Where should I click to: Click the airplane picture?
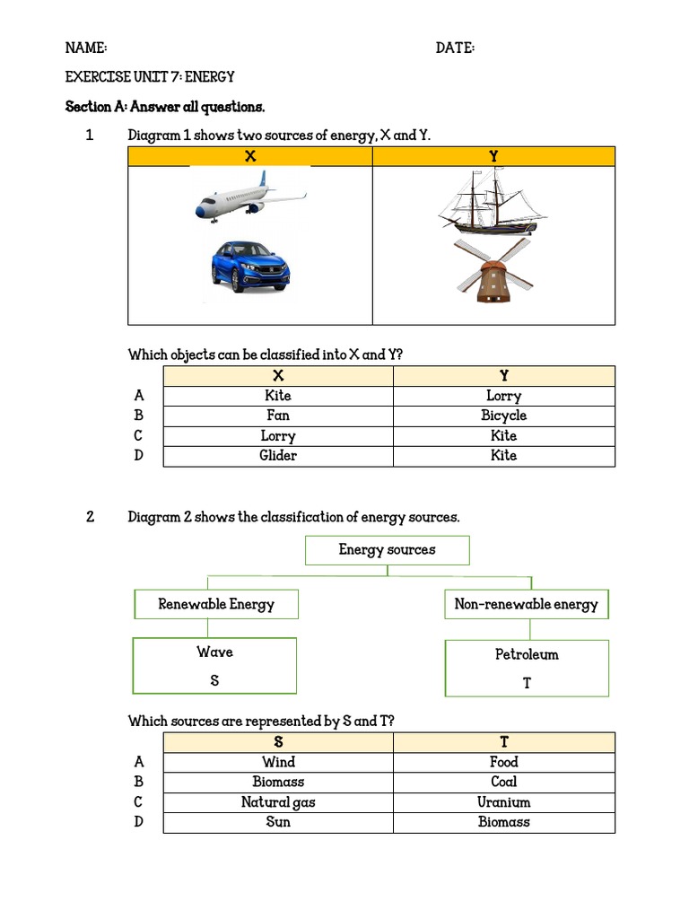[250, 198]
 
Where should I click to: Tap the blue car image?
[250, 265]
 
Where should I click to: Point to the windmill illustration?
[493, 268]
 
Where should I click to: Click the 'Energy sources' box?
[387, 550]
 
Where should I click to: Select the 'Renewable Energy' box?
[216, 604]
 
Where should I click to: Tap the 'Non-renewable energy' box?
[526, 604]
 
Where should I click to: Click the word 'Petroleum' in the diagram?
[527, 654]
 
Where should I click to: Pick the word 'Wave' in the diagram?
[214, 652]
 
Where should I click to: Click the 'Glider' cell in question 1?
[278, 456]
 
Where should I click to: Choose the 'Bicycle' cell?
[503, 416]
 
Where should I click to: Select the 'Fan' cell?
[278, 416]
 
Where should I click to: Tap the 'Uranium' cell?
[503, 802]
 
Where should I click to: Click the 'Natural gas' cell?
[278, 802]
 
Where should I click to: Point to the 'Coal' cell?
[503, 782]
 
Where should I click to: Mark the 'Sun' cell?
[278, 822]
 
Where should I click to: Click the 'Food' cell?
[503, 762]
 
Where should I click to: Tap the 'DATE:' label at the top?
[455, 48]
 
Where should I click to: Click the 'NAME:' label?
[86, 48]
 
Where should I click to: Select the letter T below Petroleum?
[527, 683]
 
